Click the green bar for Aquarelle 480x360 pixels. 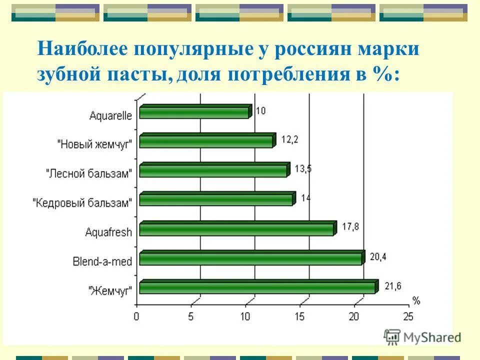click(x=194, y=112)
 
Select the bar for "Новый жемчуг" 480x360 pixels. click(x=206, y=141)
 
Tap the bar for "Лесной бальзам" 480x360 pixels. click(x=213, y=170)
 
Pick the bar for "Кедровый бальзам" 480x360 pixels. click(x=216, y=199)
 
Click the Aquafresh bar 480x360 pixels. click(x=236, y=229)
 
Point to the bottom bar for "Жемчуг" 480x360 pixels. click(x=257, y=287)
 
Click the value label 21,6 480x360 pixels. click(x=393, y=286)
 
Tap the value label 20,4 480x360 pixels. click(x=378, y=257)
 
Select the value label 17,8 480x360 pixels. click(x=350, y=227)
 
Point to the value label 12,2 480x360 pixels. click(x=289, y=140)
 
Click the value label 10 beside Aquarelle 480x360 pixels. click(x=261, y=110)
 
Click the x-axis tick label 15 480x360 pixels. click(x=299, y=316)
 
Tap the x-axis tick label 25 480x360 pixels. click(x=408, y=316)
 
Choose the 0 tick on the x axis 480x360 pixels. click(x=136, y=316)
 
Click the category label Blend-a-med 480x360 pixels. click(x=102, y=261)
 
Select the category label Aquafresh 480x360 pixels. click(x=108, y=232)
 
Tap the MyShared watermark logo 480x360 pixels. click(x=422, y=337)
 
